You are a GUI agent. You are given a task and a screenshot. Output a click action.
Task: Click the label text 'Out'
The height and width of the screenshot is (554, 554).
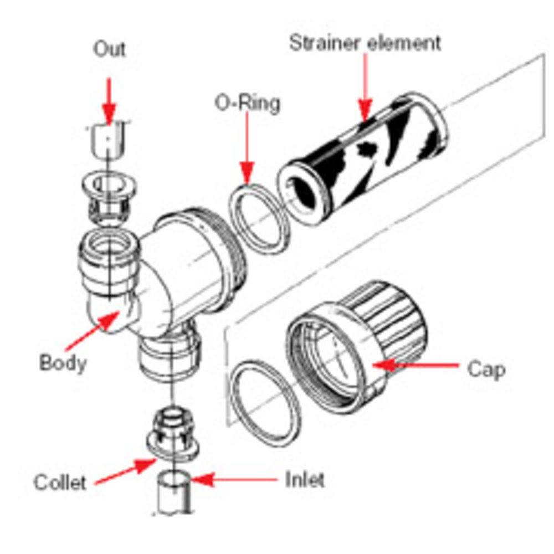109,49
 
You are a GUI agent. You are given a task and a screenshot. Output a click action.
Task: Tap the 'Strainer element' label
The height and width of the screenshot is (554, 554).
365,43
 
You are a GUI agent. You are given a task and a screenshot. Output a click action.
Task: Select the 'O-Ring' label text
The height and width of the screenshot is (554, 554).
247,104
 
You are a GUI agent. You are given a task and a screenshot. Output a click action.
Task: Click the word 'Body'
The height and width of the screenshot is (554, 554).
63,363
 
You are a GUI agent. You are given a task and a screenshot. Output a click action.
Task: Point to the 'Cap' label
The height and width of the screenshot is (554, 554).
486,369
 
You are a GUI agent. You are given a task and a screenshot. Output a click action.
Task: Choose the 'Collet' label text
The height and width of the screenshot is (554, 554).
60,482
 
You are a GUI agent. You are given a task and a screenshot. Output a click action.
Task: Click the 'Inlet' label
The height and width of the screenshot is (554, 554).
305,480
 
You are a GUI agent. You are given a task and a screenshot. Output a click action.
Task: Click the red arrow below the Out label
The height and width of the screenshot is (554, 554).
109,100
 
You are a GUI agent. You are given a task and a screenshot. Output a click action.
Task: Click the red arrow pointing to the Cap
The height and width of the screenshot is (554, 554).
416,365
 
